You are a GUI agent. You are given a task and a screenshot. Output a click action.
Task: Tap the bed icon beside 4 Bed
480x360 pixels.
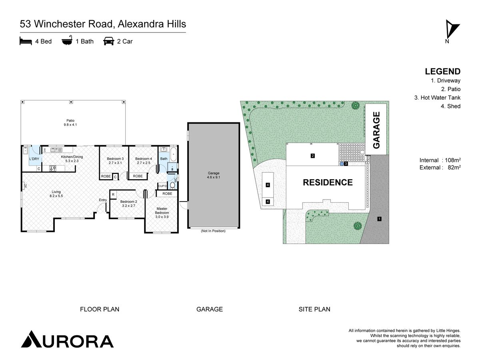click(26, 41)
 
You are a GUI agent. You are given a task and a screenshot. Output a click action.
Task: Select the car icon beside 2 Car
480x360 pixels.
click(109, 41)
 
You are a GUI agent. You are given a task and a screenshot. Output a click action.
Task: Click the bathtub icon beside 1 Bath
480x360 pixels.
click(67, 40)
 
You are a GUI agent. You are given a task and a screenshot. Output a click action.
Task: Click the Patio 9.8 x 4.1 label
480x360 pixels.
click(70, 123)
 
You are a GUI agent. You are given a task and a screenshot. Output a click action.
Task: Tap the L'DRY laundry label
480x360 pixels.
click(34, 159)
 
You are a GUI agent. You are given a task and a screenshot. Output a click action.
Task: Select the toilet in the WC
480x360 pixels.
click(172, 185)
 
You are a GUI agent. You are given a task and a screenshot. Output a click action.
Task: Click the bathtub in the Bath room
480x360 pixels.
click(173, 154)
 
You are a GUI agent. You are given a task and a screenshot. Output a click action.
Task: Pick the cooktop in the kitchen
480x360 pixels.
click(53, 168)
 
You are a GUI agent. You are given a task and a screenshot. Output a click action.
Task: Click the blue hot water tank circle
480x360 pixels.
click(342, 164)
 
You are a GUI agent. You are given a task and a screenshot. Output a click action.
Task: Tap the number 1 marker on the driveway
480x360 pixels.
click(380, 218)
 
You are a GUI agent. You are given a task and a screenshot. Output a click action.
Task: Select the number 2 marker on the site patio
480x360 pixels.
click(313, 156)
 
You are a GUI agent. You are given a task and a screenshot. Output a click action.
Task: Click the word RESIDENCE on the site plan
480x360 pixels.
click(328, 182)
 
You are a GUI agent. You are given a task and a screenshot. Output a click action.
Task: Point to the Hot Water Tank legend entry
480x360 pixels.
click(437, 98)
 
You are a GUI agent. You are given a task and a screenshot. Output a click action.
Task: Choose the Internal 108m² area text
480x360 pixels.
click(440, 160)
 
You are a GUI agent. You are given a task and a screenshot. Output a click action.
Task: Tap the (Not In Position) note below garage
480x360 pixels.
click(213, 231)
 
